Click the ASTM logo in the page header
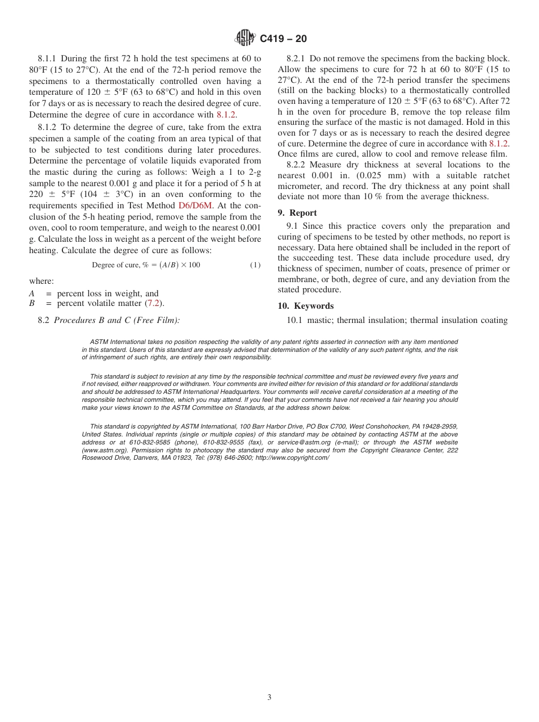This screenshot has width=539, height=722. point(245,38)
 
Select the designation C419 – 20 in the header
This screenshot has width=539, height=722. point(283,39)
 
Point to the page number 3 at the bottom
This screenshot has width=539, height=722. point(269,697)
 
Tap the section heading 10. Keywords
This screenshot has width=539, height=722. point(305,306)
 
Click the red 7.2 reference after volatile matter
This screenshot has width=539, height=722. point(153,303)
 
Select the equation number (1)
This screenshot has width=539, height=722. point(255,265)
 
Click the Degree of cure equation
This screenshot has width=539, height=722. point(146,265)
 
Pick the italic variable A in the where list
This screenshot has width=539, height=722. point(32,293)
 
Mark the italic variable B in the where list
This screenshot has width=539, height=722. point(32,303)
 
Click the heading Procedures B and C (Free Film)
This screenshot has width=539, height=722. point(117,320)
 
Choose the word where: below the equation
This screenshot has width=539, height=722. point(41,281)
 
